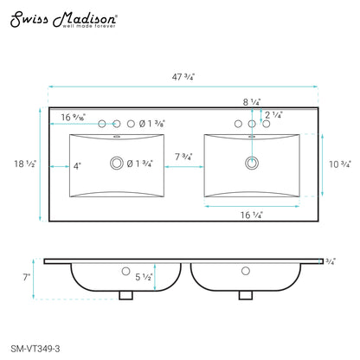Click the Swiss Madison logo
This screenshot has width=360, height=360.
point(64,20)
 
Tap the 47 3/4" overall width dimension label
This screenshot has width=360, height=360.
point(183,77)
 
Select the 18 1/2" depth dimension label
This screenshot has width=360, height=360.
point(25,164)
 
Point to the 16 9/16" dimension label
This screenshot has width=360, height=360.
point(74,117)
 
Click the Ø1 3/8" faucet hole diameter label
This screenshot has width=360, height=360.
point(151,124)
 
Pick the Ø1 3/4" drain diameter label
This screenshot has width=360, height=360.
point(139,164)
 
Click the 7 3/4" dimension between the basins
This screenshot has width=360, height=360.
point(183,157)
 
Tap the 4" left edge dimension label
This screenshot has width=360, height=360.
point(77,166)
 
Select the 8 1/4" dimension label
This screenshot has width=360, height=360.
point(252,102)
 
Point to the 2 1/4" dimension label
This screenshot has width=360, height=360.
point(273,115)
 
